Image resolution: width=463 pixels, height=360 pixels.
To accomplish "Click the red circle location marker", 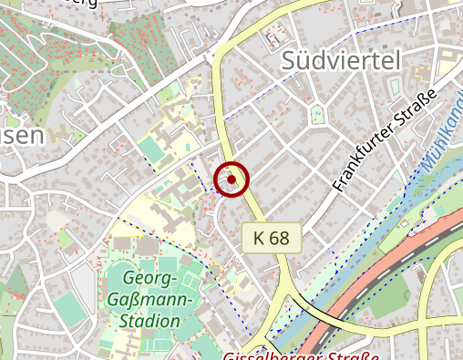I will [231, 180].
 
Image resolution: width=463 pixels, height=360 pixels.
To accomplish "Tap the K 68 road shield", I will [272, 238].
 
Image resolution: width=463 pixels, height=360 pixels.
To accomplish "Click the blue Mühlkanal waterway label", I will [445, 137].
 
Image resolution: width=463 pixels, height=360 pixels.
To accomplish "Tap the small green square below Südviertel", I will [316, 114].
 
